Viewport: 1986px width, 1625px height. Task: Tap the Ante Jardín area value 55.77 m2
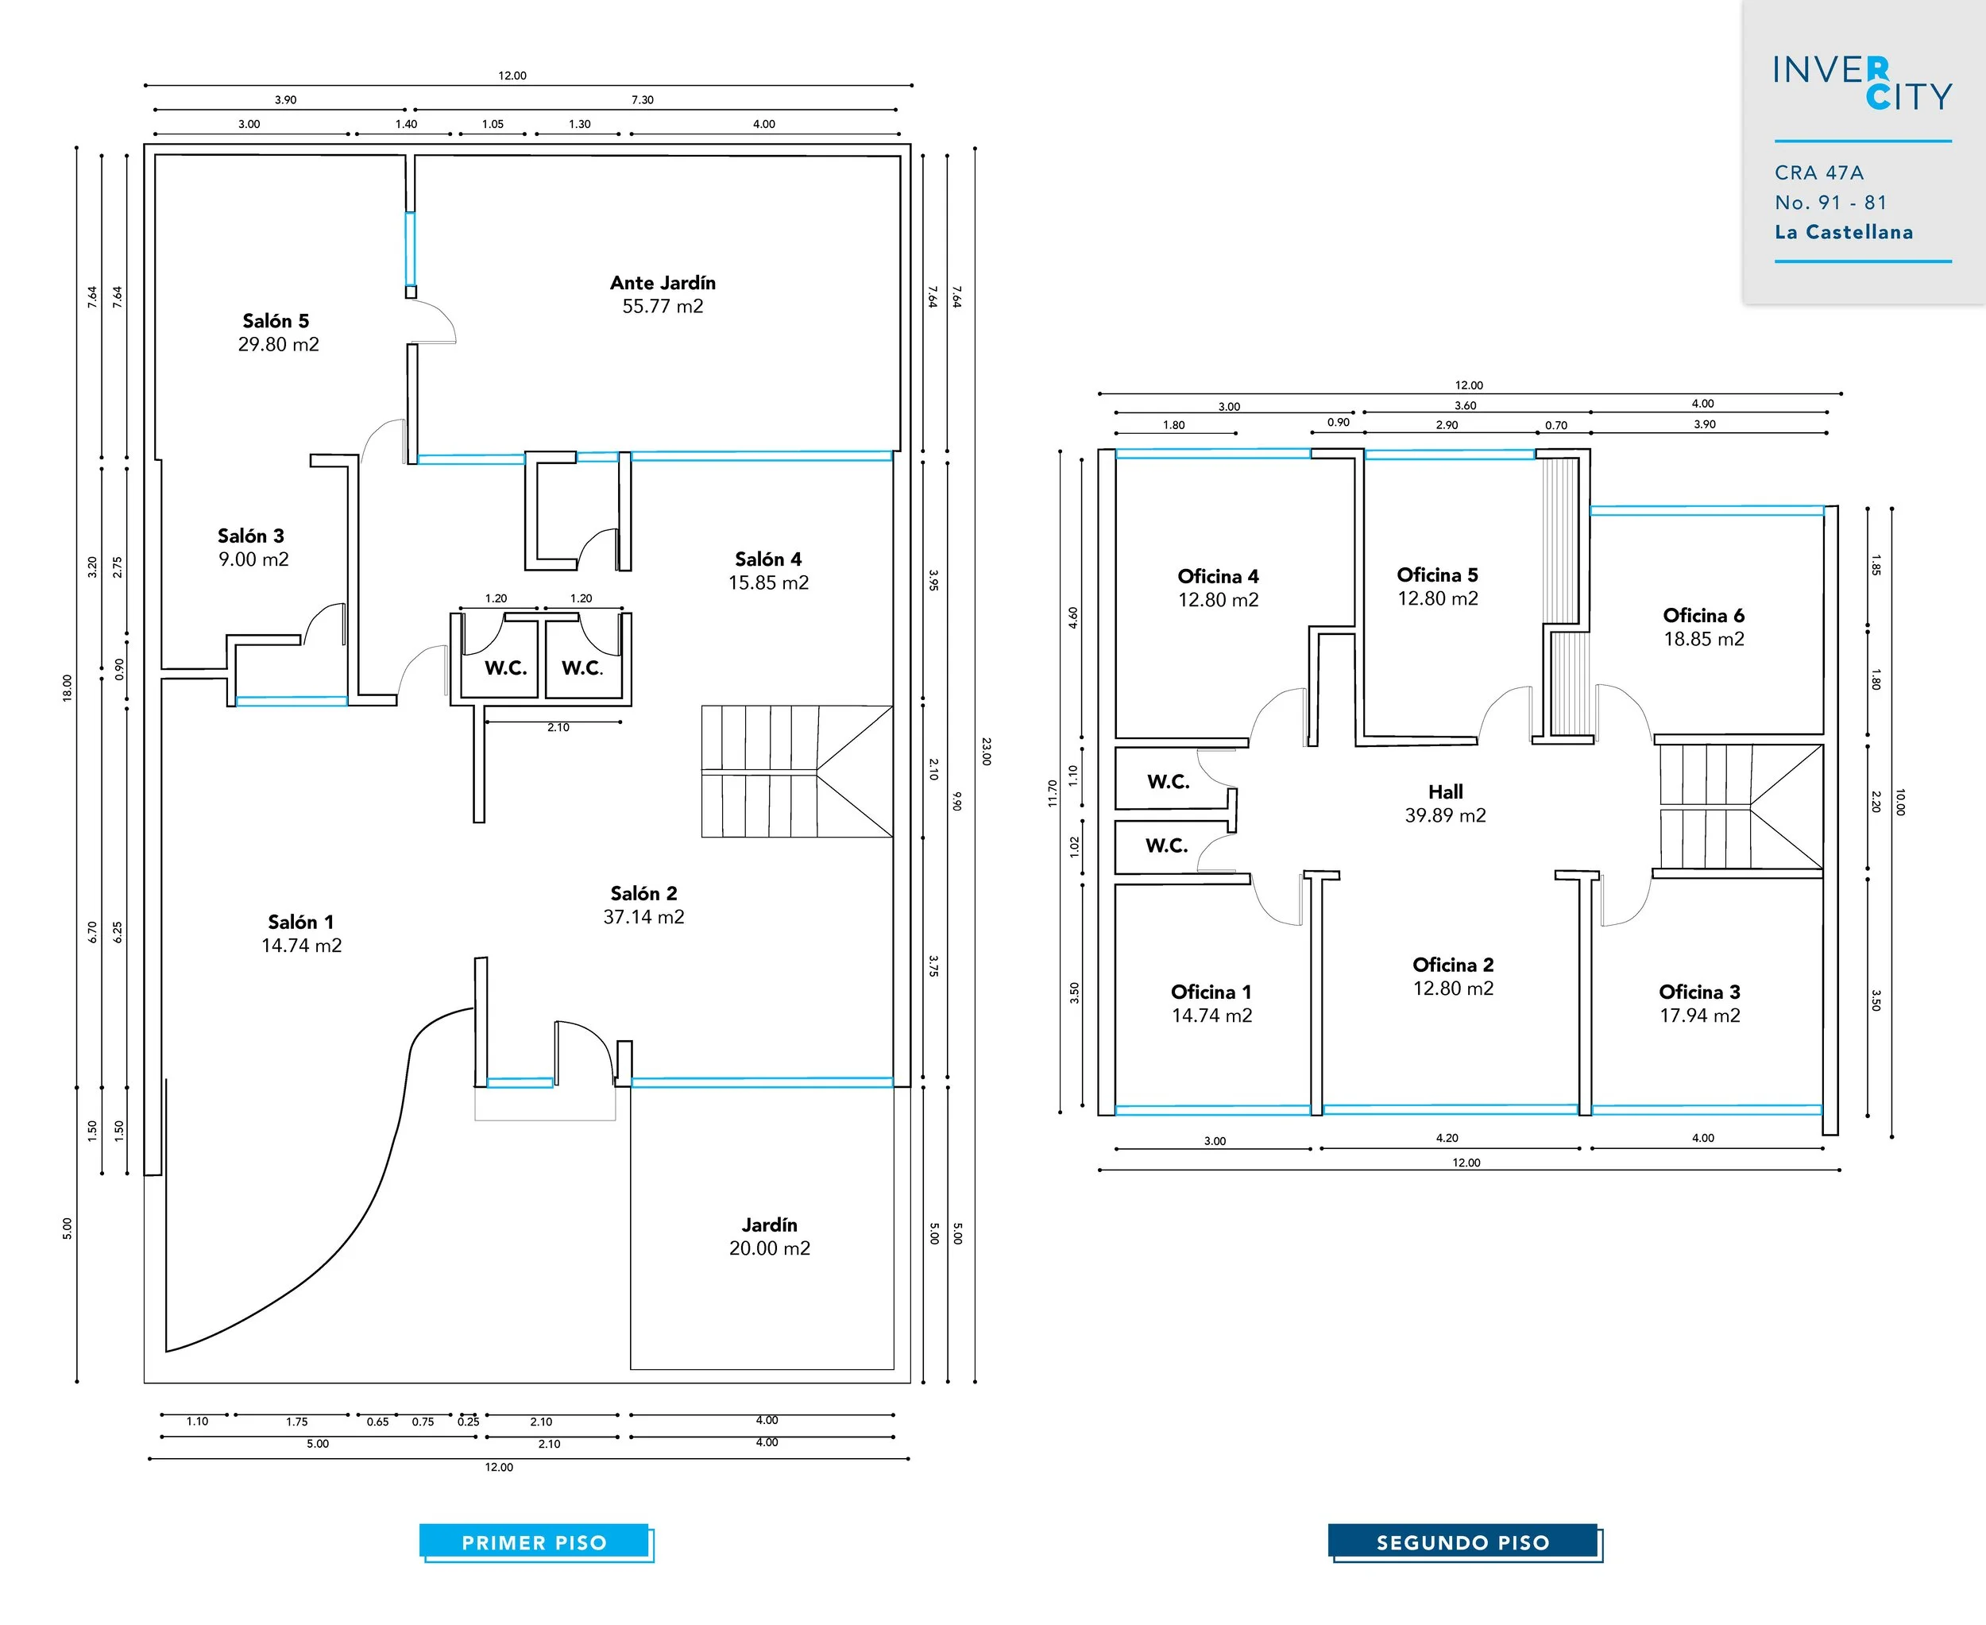coord(663,306)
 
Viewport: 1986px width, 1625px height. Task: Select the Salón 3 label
coord(251,536)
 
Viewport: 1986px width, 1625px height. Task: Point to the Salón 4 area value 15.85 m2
coord(768,582)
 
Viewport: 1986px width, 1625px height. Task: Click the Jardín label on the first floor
coord(769,1225)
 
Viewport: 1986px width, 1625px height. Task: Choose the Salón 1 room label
coord(300,922)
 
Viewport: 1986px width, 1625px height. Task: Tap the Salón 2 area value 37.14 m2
coord(644,917)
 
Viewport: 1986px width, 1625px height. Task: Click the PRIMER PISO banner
coord(535,1542)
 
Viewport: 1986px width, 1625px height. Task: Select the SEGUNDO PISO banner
coord(1462,1542)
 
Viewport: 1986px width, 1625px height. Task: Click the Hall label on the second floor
coord(1445,792)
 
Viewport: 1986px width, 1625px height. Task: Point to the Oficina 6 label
coord(1703,615)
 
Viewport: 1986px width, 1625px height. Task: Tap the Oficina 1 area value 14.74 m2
coord(1212,1016)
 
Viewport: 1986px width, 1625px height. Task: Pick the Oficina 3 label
coord(1699,991)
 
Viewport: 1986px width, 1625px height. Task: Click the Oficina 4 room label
coord(1218,575)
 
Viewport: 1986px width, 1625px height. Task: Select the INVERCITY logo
coord(1861,83)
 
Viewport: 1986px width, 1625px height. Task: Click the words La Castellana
coord(1844,232)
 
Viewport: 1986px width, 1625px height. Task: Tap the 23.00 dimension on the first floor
coord(986,751)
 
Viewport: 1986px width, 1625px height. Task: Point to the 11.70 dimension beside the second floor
coord(1052,793)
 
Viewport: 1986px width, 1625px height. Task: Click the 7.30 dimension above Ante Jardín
coord(642,99)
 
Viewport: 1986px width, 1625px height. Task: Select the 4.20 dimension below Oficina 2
coord(1447,1138)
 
